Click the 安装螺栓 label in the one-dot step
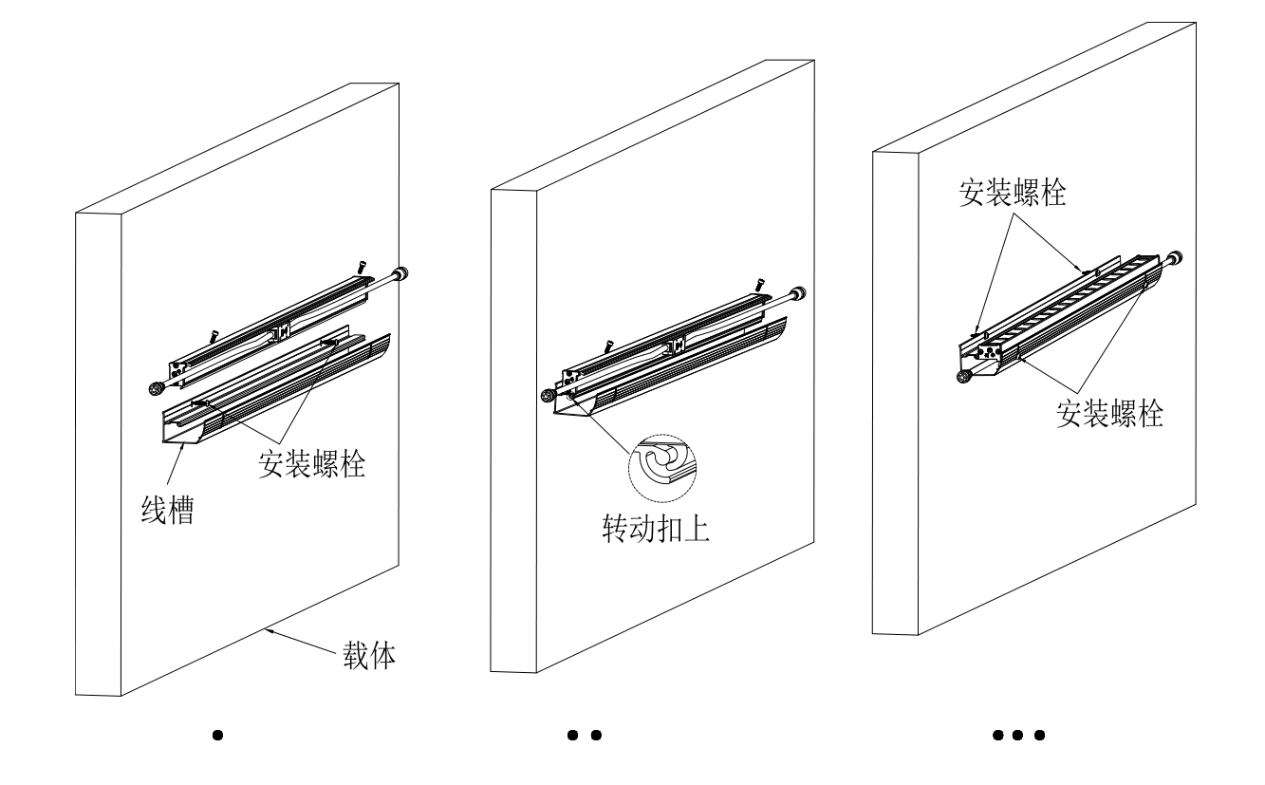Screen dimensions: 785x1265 tap(312, 463)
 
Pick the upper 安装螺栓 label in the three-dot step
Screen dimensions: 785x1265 tap(1013, 195)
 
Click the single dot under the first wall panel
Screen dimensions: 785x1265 tap(217, 735)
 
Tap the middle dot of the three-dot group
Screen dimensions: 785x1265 tap(1018, 735)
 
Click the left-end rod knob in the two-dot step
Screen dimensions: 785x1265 tap(549, 396)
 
